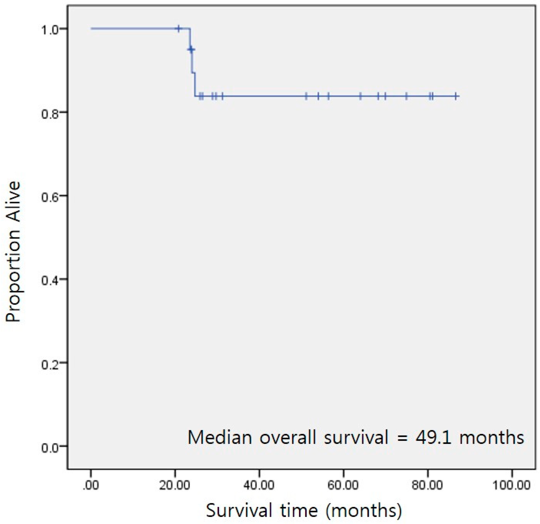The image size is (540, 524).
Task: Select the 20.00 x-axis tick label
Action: tap(175, 485)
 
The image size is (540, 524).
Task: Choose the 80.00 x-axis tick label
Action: tap(428, 485)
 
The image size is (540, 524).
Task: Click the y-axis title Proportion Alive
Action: tap(13, 251)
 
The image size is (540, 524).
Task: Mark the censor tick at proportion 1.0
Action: tap(179, 29)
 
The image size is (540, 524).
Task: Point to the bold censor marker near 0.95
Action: tap(191, 50)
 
